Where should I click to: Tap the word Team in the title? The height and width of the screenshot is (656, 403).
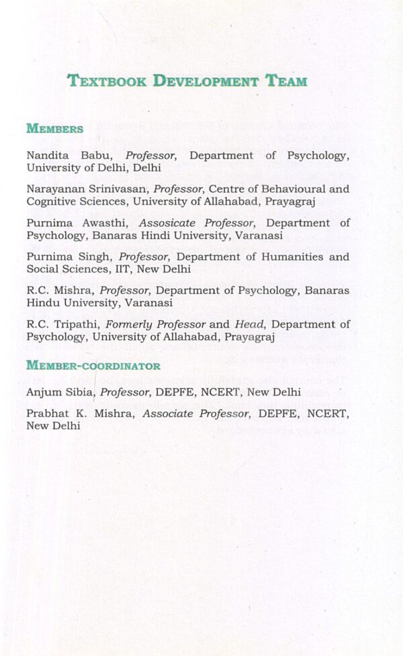click(285, 82)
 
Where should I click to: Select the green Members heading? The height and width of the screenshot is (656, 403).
click(54, 129)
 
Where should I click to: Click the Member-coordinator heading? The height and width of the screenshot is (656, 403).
click(93, 366)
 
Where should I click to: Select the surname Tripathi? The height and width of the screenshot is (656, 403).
click(76, 324)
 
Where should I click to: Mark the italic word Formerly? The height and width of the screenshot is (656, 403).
click(128, 324)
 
